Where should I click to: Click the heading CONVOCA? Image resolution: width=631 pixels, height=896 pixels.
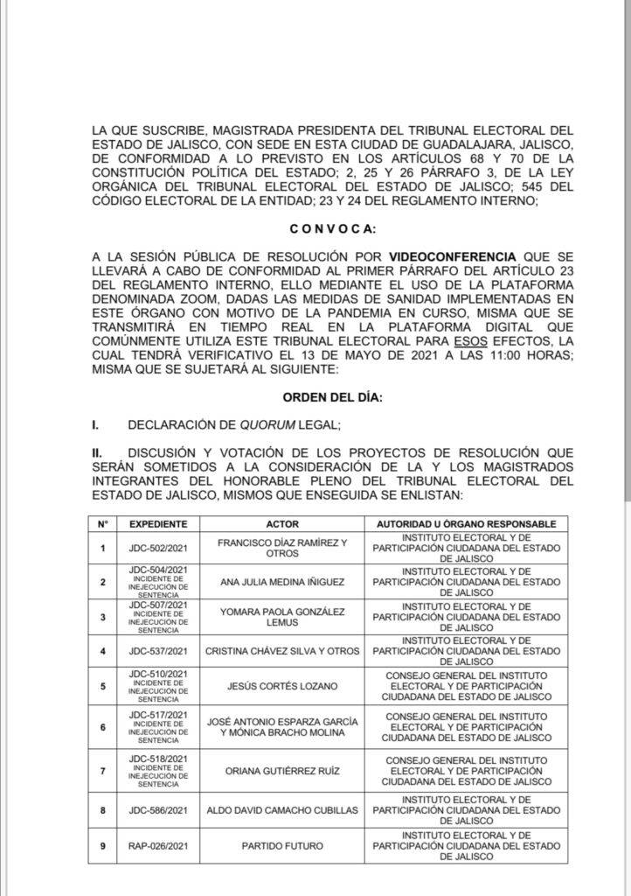click(x=333, y=229)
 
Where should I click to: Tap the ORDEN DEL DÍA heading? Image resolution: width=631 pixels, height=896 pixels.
click(x=332, y=397)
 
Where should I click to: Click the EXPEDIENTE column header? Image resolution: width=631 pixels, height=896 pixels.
click(x=158, y=523)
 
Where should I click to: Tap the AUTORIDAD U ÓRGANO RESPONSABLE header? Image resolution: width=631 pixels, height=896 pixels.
click(x=466, y=523)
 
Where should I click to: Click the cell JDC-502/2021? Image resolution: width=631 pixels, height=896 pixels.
click(x=158, y=548)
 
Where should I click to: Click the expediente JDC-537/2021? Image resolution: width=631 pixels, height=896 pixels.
click(x=158, y=650)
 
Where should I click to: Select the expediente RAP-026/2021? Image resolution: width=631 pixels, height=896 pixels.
click(x=158, y=846)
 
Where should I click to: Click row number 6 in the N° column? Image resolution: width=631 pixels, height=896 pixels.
click(x=103, y=727)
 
